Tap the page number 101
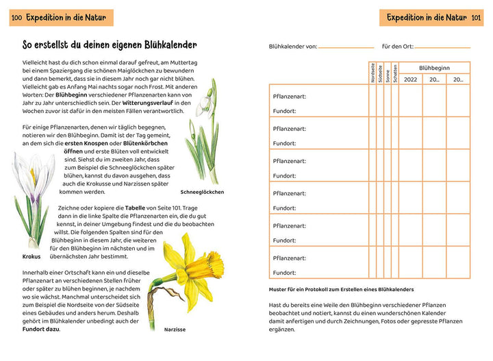pyautogui.click(x=476, y=17)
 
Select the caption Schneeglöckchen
pyautogui.click(x=202, y=192)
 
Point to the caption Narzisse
pyautogui.click(x=175, y=329)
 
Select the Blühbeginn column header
pyautogui.click(x=435, y=68)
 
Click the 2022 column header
pyautogui.click(x=410, y=79)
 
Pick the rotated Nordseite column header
pyautogui.click(x=372, y=73)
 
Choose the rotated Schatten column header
pyautogui.click(x=395, y=73)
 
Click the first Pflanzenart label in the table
pyautogui.click(x=290, y=97)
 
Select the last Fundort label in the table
pyautogui.click(x=284, y=273)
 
